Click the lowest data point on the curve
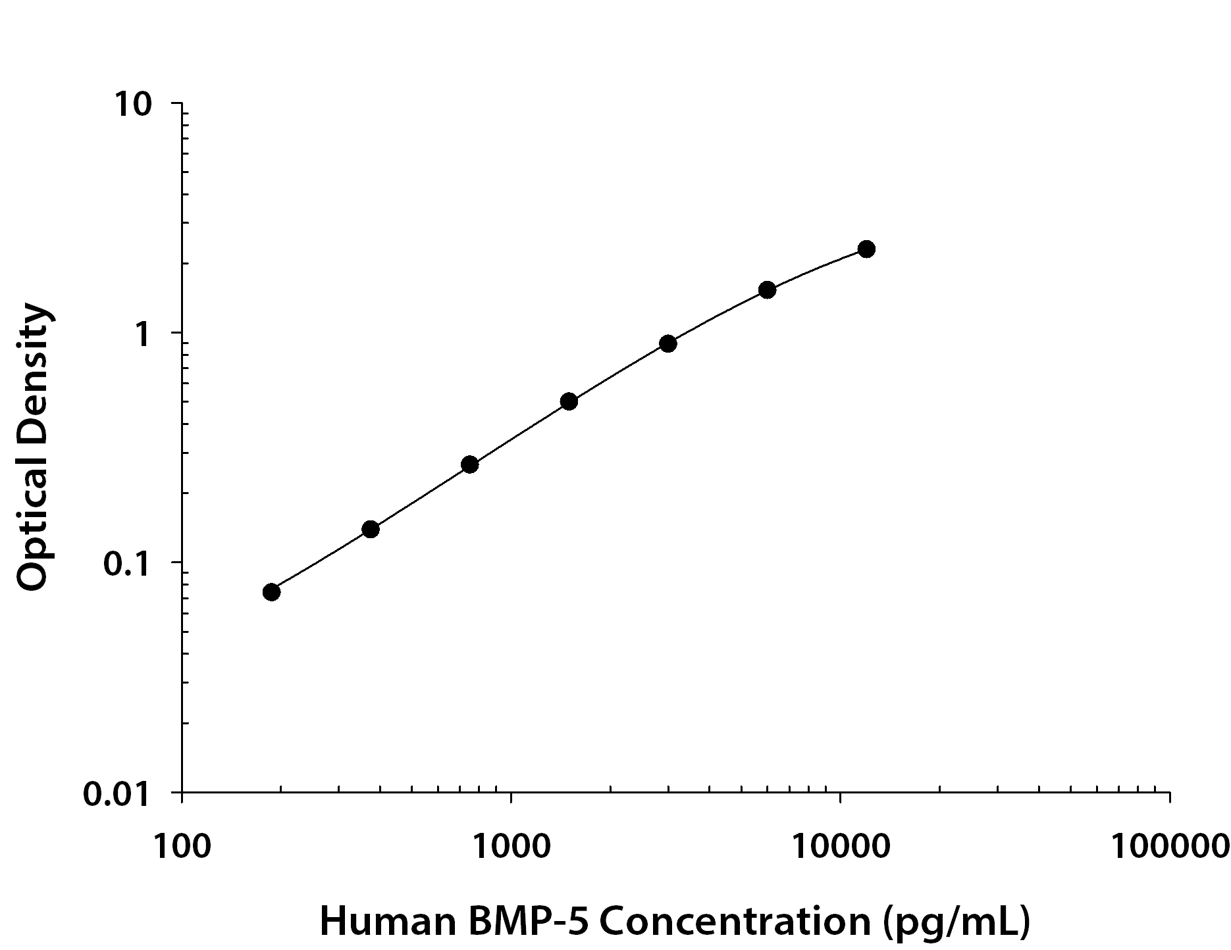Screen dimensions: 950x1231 pos(271,592)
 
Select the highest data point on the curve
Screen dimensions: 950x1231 pos(866,249)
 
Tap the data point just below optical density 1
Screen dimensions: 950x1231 pos(668,343)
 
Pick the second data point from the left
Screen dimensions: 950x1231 pos(371,529)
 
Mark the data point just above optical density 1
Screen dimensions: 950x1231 pos(767,289)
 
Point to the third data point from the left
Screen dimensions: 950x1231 pos(469,465)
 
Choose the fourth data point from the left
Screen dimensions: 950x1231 pos(569,401)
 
